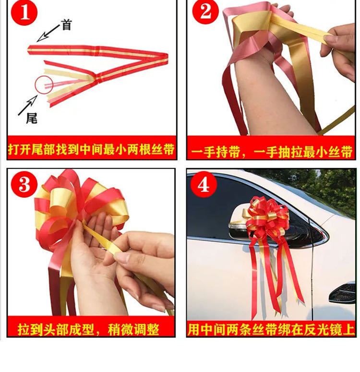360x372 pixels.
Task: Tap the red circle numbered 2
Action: (x=205, y=12)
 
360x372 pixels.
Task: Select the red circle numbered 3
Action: (x=24, y=184)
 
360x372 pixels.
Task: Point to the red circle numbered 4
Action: (x=204, y=184)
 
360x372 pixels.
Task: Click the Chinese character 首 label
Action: (x=66, y=24)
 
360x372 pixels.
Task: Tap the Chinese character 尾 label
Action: (x=32, y=118)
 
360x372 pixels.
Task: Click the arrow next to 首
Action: (x=48, y=33)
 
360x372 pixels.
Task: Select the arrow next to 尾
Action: (x=28, y=106)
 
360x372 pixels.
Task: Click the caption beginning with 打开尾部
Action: (x=92, y=149)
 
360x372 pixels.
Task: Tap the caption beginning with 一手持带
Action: (x=271, y=152)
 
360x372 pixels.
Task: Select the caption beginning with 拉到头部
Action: (x=88, y=330)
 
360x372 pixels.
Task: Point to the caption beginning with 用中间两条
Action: (x=271, y=330)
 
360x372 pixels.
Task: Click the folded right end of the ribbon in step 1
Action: (x=164, y=59)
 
